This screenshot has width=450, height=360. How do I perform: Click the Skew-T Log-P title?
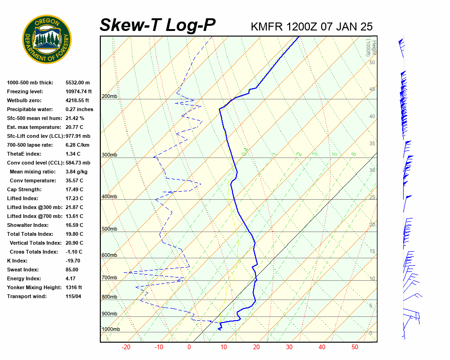click(157, 25)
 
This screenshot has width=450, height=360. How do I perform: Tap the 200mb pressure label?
click(110, 97)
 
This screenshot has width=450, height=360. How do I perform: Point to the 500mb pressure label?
click(110, 229)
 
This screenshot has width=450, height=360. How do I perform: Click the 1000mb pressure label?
click(111, 330)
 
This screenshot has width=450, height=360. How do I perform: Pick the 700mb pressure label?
click(110, 278)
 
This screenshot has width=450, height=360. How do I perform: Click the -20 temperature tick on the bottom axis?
click(126, 347)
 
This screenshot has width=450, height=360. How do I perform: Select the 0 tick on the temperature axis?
click(189, 347)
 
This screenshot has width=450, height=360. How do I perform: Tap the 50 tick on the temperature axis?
click(355, 347)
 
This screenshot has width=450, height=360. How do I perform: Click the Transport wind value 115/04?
click(74, 296)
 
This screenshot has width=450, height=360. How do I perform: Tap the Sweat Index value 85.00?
click(72, 270)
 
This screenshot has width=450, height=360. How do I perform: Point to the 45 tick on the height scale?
click(372, 90)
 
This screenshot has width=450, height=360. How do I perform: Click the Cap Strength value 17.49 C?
click(74, 189)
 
